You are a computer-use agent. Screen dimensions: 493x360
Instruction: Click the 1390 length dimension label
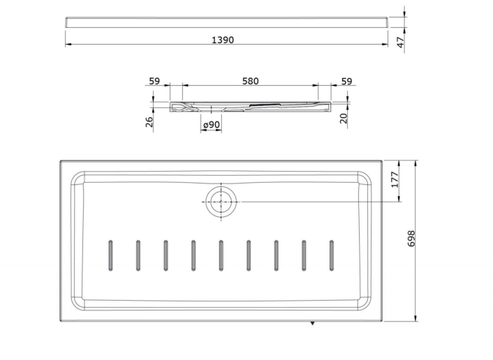pos(223,40)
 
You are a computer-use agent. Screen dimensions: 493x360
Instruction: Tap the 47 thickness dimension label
pos(400,43)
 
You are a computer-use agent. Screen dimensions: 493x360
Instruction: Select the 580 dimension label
pos(250,81)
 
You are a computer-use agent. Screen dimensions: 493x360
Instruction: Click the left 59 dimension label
pos(154,81)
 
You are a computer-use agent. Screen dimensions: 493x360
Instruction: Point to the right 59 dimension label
pos(346,82)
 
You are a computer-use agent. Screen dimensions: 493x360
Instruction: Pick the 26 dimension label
pos(149,121)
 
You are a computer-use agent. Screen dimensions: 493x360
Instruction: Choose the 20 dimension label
pos(344,118)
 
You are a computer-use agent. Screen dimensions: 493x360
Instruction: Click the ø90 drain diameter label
pos(212,125)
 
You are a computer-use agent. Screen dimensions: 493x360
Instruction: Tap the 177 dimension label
pos(395,179)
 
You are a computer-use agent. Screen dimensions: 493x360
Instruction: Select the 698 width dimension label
pos(411,239)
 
